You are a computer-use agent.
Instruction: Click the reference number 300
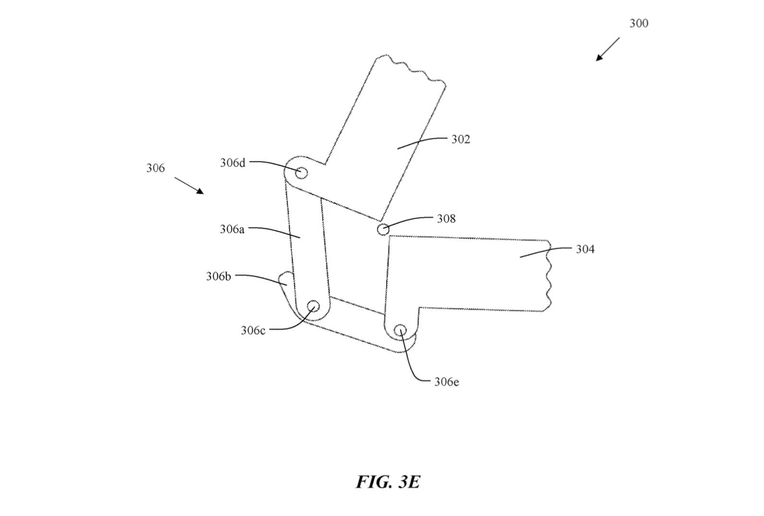(x=639, y=23)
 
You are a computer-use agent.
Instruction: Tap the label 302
(x=461, y=139)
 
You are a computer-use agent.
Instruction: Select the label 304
(x=585, y=249)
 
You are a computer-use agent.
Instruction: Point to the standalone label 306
(x=156, y=168)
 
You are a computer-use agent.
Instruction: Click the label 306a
(x=232, y=229)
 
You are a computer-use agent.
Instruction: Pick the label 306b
(x=218, y=276)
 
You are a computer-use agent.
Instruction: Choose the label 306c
(x=253, y=331)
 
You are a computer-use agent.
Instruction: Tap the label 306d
(x=232, y=163)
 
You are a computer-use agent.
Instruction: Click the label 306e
(x=446, y=382)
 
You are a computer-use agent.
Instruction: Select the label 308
(x=446, y=219)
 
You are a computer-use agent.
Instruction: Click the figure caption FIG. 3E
(x=388, y=482)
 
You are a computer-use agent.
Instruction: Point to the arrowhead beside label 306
(x=200, y=191)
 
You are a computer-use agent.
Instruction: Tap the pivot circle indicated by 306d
(x=301, y=172)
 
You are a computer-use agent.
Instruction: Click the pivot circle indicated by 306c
(x=314, y=306)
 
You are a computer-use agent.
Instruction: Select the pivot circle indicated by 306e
(x=400, y=331)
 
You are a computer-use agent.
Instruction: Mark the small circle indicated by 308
(x=383, y=229)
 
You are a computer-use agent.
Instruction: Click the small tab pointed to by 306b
(x=286, y=279)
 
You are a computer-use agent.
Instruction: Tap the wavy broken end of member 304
(x=548, y=276)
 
